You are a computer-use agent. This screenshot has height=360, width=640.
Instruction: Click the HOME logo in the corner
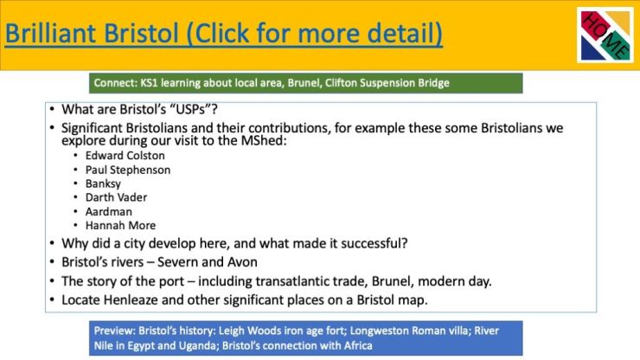click(605, 35)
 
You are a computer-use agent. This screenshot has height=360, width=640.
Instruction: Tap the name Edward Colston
click(125, 156)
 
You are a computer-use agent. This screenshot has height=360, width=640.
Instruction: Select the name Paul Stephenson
click(128, 170)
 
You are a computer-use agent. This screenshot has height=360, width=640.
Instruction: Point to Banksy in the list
click(103, 183)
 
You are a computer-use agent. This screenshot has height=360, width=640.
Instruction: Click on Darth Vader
click(116, 197)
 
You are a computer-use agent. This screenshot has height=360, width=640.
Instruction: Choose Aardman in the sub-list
click(109, 212)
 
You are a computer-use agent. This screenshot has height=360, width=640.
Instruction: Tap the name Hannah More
click(120, 226)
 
